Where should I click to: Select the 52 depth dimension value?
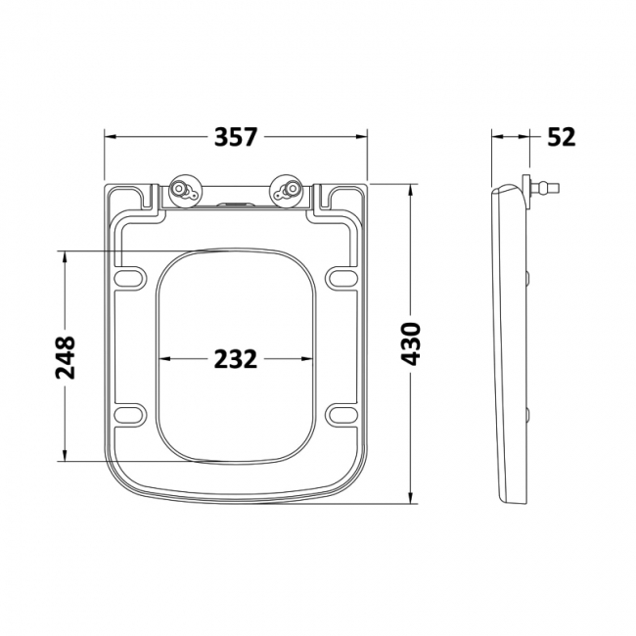(x=561, y=137)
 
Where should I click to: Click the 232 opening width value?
(x=235, y=359)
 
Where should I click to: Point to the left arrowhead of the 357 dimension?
(x=109, y=137)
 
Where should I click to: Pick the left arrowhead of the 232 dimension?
(x=161, y=359)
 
